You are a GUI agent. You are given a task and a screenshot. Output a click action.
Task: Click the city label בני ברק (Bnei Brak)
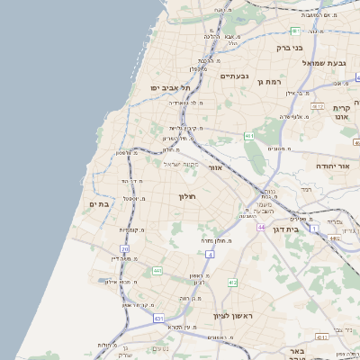[288, 40]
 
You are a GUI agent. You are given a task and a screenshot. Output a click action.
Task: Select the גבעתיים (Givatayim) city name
[216, 76]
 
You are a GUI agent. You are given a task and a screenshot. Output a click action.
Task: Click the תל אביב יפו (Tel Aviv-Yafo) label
[167, 87]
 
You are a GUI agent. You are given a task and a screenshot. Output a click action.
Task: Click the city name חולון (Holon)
[187, 195]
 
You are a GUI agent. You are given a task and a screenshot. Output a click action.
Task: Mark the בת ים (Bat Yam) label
[99, 204]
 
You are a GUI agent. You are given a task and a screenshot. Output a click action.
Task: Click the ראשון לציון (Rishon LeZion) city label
[230, 315]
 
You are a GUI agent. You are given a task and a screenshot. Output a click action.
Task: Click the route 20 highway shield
[124, 248]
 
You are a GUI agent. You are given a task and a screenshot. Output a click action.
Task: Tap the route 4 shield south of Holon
[209, 255]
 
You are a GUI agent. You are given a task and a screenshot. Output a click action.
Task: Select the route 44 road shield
[259, 228]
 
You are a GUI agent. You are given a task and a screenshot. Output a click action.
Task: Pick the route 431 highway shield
[158, 318]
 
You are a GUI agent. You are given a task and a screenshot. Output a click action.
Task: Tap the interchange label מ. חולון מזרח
[218, 241]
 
